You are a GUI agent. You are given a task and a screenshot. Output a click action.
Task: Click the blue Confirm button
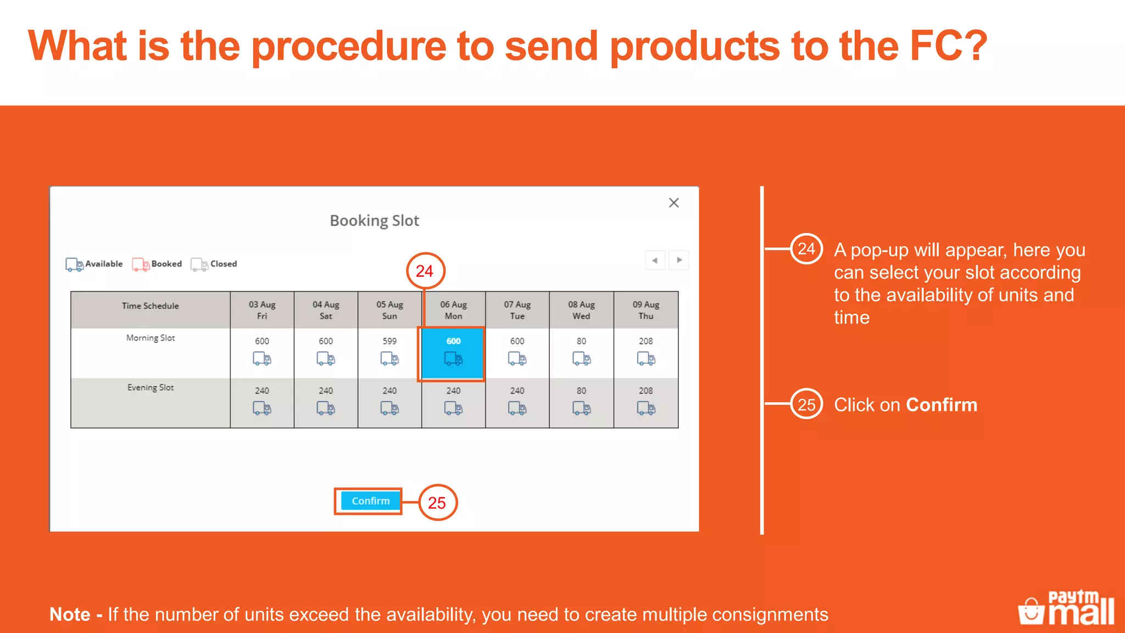click(x=370, y=501)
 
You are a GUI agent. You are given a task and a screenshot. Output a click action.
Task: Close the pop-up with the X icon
click(x=673, y=203)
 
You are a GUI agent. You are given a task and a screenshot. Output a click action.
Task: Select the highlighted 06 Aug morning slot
click(x=453, y=353)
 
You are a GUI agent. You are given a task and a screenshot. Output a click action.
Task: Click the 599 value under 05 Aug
click(x=389, y=341)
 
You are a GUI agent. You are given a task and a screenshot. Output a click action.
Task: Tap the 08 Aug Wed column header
click(x=581, y=310)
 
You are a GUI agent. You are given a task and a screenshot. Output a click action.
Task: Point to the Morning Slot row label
click(x=151, y=338)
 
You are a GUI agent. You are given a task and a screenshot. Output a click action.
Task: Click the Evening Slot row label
click(x=151, y=387)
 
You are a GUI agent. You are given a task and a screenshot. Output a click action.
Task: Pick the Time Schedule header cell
click(x=151, y=306)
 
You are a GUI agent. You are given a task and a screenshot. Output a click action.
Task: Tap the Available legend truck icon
click(x=74, y=264)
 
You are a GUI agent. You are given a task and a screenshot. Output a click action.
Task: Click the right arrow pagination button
click(x=679, y=260)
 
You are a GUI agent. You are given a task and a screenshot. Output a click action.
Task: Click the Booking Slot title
click(x=374, y=221)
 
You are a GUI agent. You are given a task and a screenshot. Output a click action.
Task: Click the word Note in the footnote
click(x=70, y=614)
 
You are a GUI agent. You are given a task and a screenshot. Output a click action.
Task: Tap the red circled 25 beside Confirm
click(x=437, y=502)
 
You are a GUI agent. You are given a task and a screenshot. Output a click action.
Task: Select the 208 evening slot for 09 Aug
click(x=646, y=401)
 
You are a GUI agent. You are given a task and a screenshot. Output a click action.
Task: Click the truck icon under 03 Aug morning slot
click(x=262, y=359)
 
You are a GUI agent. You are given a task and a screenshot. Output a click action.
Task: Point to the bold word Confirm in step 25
click(x=942, y=405)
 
